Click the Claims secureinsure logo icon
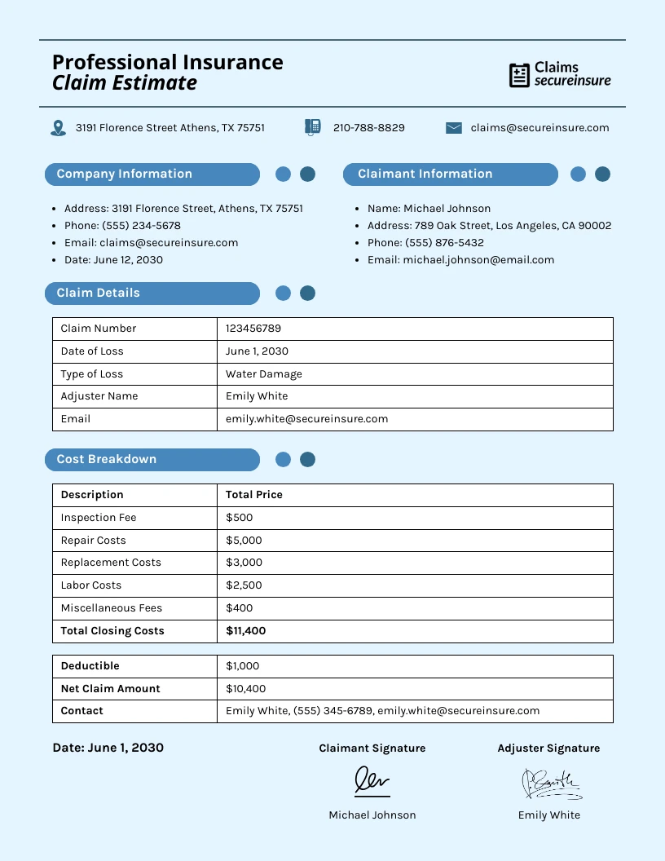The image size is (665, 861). point(519,75)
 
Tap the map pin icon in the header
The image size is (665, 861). point(58,128)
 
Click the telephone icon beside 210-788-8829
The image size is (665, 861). point(312,127)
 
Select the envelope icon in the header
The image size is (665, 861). point(454,128)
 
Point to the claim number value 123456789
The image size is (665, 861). point(253,329)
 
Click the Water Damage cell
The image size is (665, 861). point(264,374)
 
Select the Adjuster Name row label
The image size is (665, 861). point(99,396)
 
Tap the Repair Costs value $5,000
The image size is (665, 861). point(244,541)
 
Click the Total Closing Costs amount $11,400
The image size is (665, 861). point(246,631)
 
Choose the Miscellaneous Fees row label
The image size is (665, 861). point(111,608)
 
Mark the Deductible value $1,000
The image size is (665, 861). point(242,666)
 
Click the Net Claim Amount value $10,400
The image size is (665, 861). point(246,689)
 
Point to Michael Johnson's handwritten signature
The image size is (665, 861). point(372,781)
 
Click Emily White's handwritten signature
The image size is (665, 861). point(550,784)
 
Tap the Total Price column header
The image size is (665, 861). point(254,495)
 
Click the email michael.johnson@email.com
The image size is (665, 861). point(460,260)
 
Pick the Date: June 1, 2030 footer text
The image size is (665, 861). point(108,748)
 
